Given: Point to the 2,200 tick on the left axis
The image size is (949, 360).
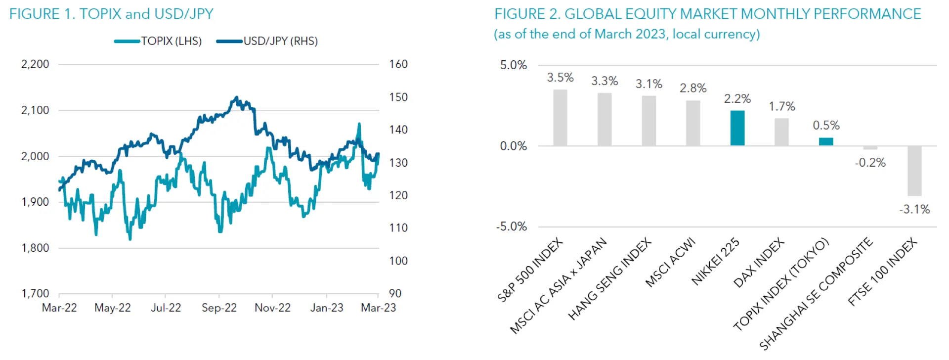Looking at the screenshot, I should point(35,64).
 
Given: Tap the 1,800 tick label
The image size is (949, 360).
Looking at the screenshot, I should point(35,248).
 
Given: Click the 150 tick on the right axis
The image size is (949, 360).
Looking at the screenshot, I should point(398,97).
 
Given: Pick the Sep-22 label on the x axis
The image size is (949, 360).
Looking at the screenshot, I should point(219,308).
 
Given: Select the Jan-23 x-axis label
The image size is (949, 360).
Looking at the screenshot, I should point(326,308).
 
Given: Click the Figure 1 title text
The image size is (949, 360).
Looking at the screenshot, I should point(111,14).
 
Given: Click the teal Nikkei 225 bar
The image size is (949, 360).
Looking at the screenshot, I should point(737,128).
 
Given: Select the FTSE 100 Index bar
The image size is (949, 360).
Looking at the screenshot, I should point(914,171).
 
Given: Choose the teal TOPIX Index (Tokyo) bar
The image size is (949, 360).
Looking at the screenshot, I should point(826,141).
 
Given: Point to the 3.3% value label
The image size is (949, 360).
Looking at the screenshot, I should point(604,81).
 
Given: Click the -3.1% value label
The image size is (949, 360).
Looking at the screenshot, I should point(914,210).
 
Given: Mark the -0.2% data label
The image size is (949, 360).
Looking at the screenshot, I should point(870,163).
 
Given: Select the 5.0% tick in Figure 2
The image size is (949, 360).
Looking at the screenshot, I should point(514,65).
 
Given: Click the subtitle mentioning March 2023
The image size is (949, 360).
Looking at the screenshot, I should point(627,34).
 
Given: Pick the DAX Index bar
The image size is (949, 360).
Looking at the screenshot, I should point(781,132).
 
